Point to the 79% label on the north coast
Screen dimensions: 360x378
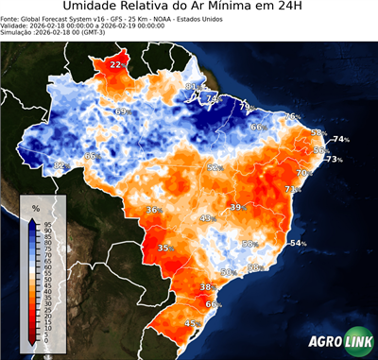tap(245, 107)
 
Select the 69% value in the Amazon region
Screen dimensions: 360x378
tap(121, 111)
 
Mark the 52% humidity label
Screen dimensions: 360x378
tap(215, 167)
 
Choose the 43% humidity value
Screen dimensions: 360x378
tap(206, 218)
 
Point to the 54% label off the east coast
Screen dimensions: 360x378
tap(298, 244)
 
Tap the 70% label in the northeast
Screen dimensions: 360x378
tap(303, 173)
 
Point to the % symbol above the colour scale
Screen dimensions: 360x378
tap(36, 207)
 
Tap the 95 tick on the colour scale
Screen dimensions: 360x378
tap(46, 223)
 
